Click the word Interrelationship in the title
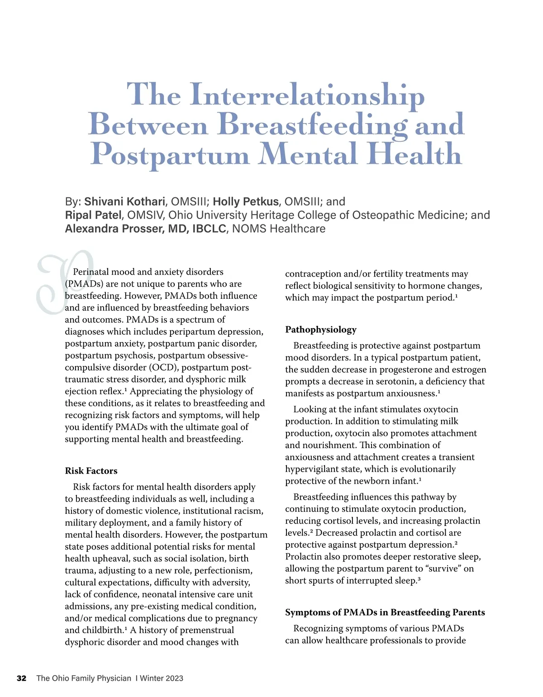coord(307,95)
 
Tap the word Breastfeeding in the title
coord(312,125)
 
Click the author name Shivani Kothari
coord(124,201)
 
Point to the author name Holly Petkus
coord(245,201)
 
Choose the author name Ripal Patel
coord(93,215)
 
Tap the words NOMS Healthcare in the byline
coord(279,229)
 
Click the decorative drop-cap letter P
coord(63,281)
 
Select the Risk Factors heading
coord(91,471)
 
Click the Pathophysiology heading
coord(321,329)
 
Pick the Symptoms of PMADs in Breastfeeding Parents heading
coord(385,612)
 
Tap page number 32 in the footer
coord(22,678)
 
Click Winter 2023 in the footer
coord(162,678)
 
